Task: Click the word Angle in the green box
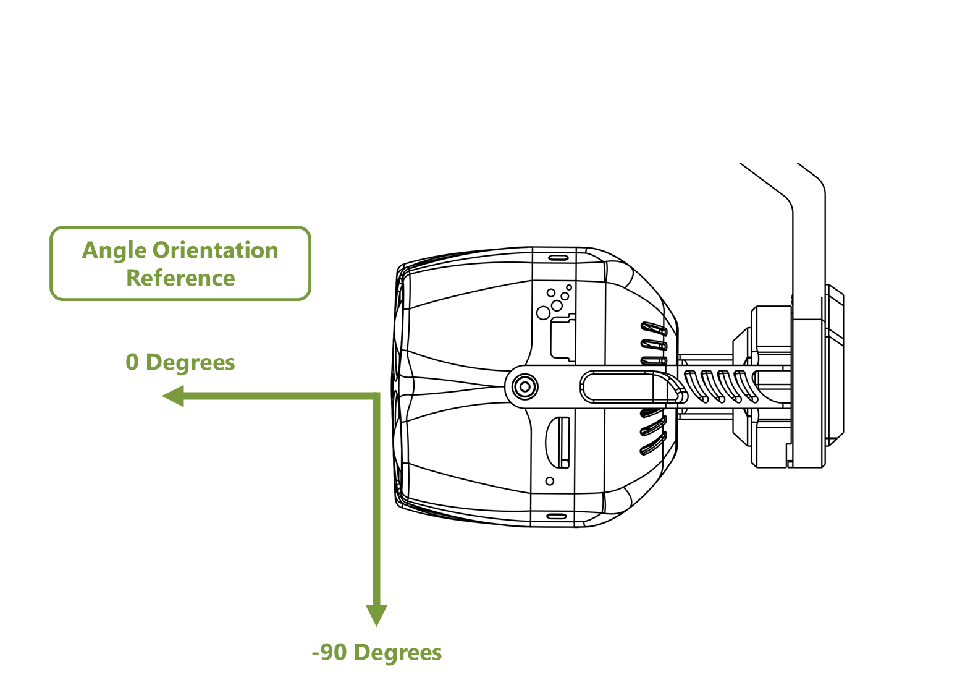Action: tap(115, 250)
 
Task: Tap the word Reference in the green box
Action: tap(180, 278)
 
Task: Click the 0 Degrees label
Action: tap(180, 362)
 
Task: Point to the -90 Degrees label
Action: tap(377, 652)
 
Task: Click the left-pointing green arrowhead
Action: tap(174, 396)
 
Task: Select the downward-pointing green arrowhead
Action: tap(376, 614)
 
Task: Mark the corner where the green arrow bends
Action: tap(376, 396)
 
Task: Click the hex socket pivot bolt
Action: tap(525, 388)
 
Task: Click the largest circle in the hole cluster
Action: tap(543, 313)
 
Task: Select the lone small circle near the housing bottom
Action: tap(549, 481)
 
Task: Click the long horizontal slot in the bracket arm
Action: tap(618, 387)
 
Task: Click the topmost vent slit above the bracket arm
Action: tap(654, 328)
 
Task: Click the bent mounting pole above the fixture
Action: tap(808, 235)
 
